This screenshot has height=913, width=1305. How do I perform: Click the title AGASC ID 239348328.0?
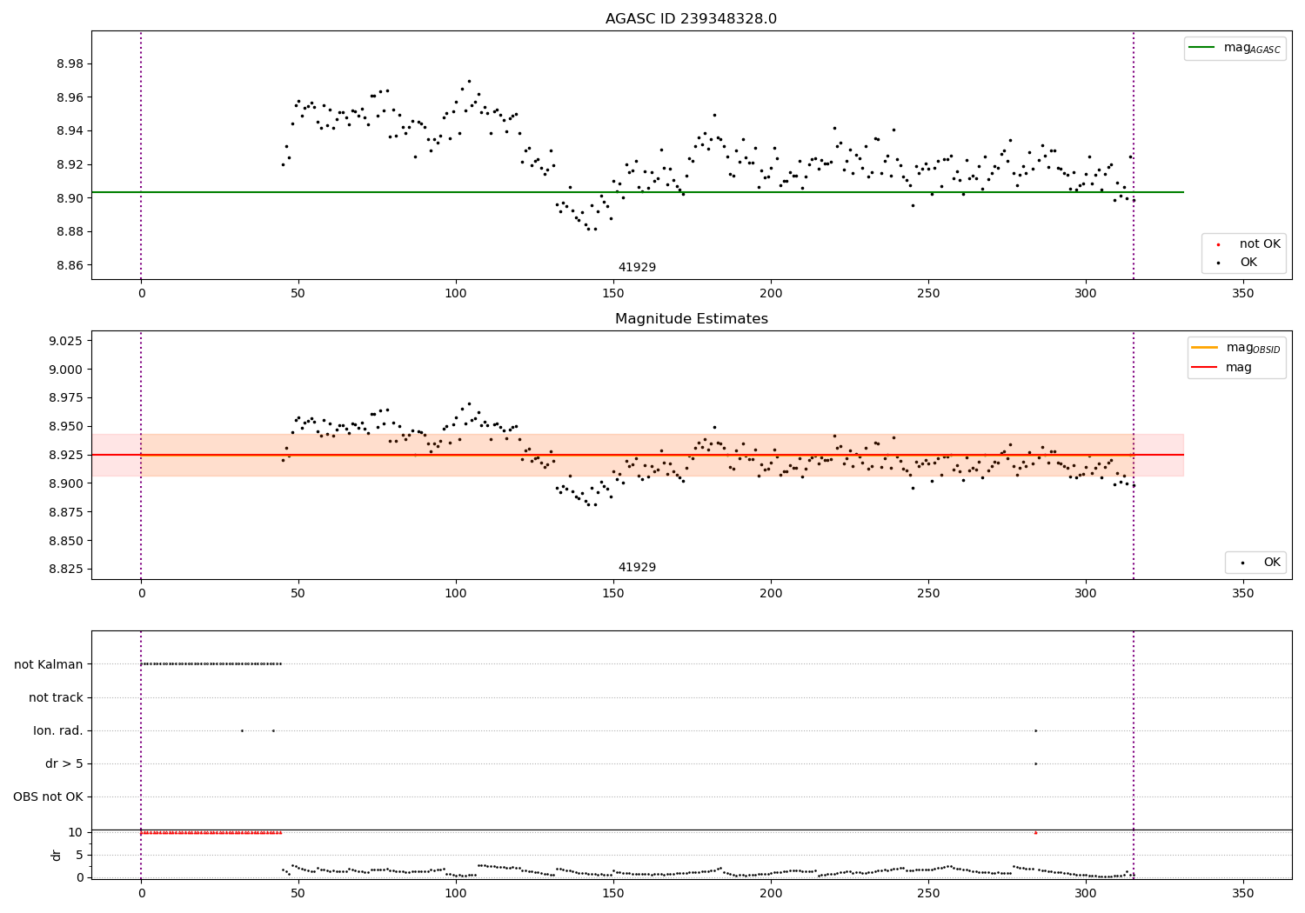691,19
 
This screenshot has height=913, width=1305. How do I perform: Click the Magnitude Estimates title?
691,319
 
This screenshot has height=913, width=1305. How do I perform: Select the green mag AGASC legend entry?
1235,48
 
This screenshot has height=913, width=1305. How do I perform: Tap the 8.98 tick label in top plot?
70,64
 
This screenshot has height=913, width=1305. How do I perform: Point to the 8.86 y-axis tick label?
70,265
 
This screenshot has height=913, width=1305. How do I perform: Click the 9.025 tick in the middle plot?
67,341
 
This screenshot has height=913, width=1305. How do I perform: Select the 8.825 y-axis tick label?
67,570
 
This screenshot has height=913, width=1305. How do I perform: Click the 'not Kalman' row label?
49,664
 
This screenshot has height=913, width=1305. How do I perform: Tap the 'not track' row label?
56,697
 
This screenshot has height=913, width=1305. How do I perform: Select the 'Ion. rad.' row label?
58,730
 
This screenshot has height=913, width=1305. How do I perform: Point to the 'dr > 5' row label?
64,764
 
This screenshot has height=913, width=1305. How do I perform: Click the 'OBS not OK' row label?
49,797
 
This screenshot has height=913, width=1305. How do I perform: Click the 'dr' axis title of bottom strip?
57,855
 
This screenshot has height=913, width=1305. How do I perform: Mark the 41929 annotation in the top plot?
637,268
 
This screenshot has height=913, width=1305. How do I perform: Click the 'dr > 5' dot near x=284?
1035,763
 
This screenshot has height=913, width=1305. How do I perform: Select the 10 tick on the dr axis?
76,832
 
